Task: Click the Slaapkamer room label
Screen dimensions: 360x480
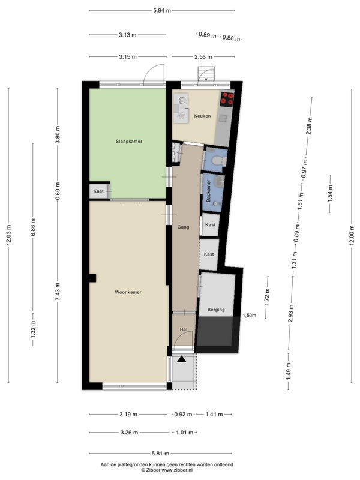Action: [x=129, y=142]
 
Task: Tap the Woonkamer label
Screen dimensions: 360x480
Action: [x=128, y=292]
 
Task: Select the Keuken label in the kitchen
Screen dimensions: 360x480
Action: [x=202, y=116]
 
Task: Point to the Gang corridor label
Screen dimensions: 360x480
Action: [x=184, y=227]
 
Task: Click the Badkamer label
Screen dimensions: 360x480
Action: [x=208, y=190]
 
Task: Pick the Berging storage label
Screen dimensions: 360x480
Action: [x=216, y=310]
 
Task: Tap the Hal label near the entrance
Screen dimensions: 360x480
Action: [x=184, y=329]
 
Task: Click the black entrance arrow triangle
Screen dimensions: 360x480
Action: [x=182, y=359]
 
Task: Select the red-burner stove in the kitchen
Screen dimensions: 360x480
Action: [x=227, y=98]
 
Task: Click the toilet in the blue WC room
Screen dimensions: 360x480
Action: [x=220, y=160]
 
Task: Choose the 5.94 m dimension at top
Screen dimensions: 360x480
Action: [x=162, y=10]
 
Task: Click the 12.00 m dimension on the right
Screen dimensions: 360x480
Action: [x=352, y=235]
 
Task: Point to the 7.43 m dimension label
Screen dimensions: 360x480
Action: [x=58, y=291]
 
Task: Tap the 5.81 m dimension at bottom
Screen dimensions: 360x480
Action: [x=160, y=454]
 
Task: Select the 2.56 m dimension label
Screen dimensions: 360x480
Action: [x=203, y=56]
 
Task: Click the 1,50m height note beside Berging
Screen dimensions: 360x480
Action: [x=250, y=316]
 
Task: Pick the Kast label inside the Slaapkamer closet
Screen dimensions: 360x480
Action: [x=98, y=191]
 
